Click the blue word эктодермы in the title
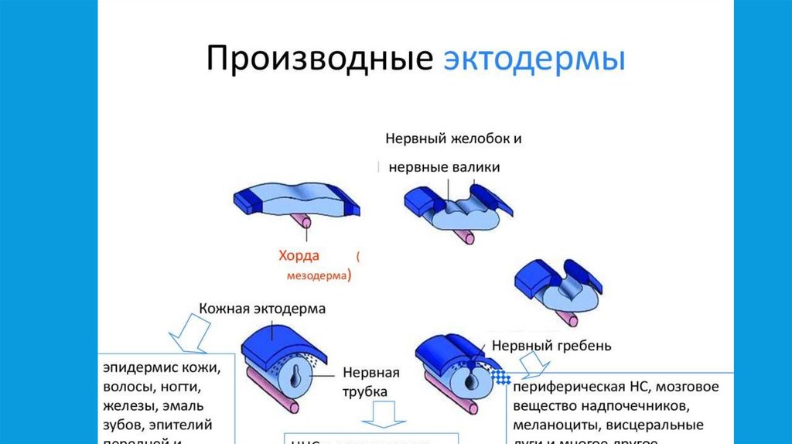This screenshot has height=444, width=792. coord(534,60)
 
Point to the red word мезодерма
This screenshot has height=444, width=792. coord(312,275)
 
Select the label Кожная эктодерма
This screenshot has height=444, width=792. coord(262,309)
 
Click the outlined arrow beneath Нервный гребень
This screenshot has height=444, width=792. coord(532,364)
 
